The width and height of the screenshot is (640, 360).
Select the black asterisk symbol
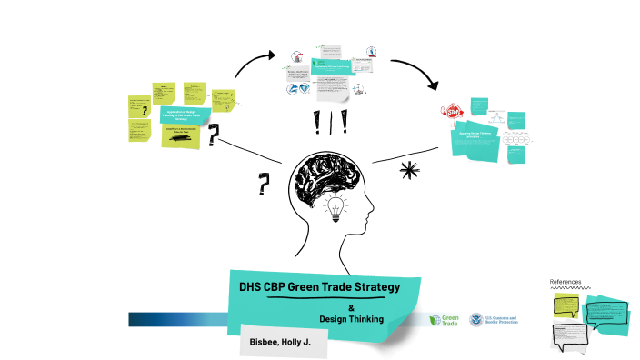coord(409,170)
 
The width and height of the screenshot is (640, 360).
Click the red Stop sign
coord(453,111)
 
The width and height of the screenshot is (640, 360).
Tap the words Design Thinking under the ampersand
coord(352,319)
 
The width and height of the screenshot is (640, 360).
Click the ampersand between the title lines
coord(351,306)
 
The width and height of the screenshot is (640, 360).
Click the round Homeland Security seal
coord(475,320)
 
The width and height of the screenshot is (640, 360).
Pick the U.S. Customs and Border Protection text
coord(501,320)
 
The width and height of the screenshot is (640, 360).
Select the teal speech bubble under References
coord(606,314)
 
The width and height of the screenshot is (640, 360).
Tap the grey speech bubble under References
coord(572,335)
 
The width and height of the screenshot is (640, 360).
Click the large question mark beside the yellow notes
coord(214,135)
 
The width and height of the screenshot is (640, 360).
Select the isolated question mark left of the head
coord(264,185)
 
